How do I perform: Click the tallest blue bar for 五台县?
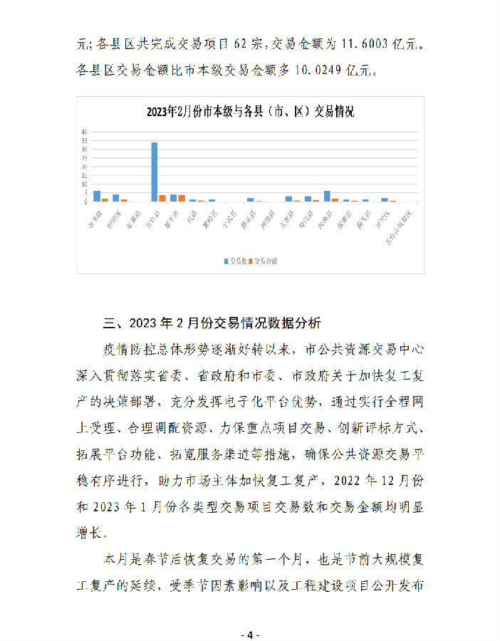pos(154,172)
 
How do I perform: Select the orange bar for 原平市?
pos(182,198)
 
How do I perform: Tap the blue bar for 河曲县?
pos(327,196)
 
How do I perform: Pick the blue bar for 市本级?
pos(97,196)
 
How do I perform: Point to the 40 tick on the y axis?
pos(85,132)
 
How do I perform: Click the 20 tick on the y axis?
pos(85,167)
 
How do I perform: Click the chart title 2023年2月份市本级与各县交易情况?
pos(250,112)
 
